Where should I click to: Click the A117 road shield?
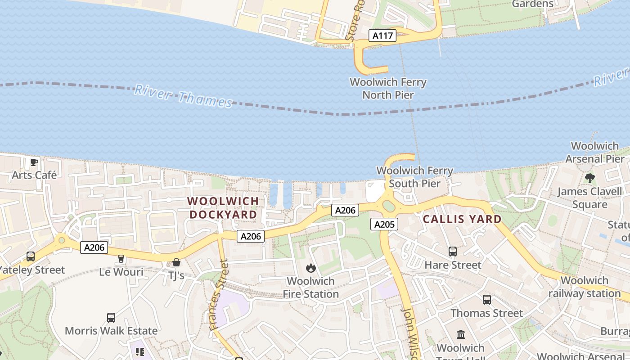click(382, 36)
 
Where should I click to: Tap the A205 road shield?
click(384, 224)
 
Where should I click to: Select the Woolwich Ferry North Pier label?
click(388, 89)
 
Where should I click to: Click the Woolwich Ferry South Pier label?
click(414, 177)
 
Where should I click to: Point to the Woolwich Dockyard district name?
click(223, 208)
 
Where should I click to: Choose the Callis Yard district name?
click(463, 219)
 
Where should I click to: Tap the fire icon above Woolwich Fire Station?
click(310, 268)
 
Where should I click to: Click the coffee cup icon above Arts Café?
click(34, 162)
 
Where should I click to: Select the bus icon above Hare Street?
click(453, 252)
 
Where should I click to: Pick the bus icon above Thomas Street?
click(486, 300)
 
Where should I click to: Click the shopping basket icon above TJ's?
click(176, 262)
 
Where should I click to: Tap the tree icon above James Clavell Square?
click(589, 178)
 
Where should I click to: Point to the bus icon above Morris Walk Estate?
click(111, 318)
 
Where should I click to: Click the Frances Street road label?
click(220, 295)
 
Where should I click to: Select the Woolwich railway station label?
click(585, 287)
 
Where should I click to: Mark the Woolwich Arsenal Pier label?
click(595, 152)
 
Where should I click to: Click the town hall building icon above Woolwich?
click(461, 334)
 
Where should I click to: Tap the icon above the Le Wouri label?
click(121, 258)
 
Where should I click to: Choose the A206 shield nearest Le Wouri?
click(94, 247)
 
